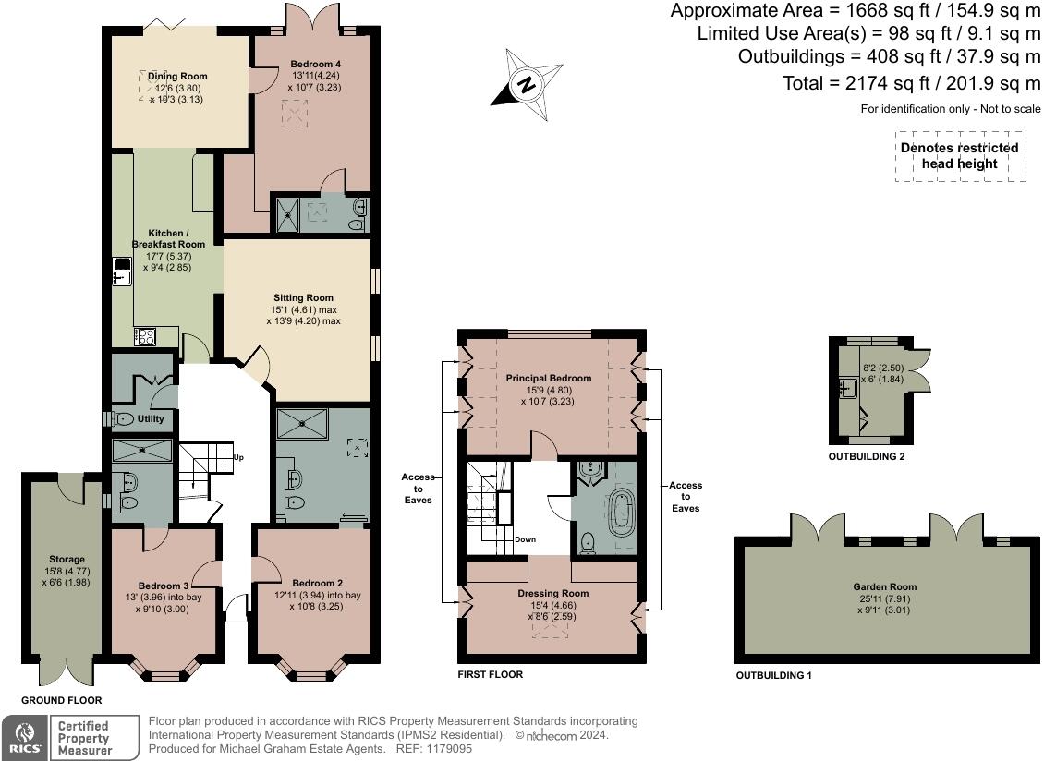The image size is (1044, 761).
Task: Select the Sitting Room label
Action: coord(303,297)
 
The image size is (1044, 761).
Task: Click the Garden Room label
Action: coord(885,586)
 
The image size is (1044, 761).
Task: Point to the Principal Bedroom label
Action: coord(549,378)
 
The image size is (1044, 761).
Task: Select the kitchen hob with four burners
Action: coord(145,336)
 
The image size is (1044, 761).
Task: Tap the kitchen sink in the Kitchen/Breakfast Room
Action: coord(122,270)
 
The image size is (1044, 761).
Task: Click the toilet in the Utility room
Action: coord(121,419)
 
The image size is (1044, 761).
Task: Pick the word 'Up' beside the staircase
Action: coord(238,457)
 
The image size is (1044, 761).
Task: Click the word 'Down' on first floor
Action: coord(525,539)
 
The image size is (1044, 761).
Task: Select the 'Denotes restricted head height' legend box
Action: coord(960,156)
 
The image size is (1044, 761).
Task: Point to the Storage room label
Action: coord(67,560)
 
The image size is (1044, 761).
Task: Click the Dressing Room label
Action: coord(553,593)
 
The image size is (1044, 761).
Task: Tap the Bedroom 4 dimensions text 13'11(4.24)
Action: coord(316,75)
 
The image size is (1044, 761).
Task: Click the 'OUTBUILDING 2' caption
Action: coord(867,457)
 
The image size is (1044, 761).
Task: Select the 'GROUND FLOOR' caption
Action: coord(61,700)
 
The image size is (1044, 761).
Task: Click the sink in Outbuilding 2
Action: coord(847,388)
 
